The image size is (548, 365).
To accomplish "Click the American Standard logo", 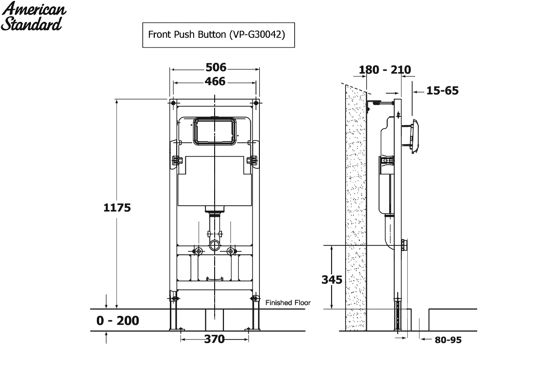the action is pos(33,16).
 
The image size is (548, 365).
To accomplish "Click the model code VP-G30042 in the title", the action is pos(258,35).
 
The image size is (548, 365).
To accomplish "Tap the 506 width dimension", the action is pos(216,68).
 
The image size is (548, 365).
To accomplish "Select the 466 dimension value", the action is pos(215,81).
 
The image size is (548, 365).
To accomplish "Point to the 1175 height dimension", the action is pos(117,208).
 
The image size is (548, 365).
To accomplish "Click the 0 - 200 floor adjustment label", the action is pos(118,320).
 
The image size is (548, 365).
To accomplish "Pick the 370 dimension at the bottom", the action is pos(214,339).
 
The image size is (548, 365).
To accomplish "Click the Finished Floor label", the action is pos(288,302).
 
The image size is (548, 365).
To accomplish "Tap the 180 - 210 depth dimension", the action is pos(385,70).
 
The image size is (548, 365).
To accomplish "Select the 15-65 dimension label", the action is pos(443,91).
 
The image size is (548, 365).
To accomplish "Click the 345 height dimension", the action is pos(332,280).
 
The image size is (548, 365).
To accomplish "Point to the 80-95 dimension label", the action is pos(448,340).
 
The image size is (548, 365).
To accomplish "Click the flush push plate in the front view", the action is pos(215,131).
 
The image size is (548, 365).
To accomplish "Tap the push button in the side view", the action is pos(415,136).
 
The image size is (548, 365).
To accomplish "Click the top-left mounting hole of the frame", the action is pos(173,103).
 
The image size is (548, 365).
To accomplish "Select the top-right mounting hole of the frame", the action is pos(256,103).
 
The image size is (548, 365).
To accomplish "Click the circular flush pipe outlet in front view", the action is pos(215,245).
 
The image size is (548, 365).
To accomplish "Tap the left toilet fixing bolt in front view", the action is pos(198,251).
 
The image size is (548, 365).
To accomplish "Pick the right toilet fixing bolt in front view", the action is pos(231,251).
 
